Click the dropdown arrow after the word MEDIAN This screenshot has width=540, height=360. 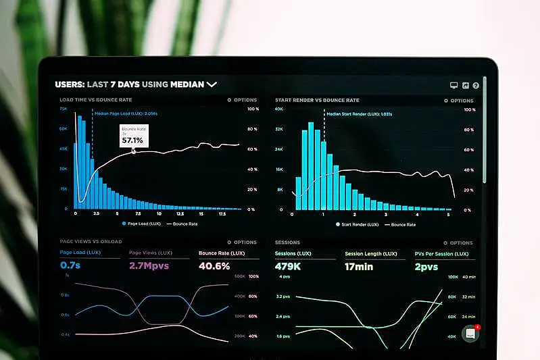[x=212, y=84]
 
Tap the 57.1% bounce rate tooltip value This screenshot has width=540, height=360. [x=132, y=140]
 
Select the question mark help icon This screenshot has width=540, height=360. [x=476, y=86]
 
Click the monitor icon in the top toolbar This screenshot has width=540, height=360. [x=454, y=86]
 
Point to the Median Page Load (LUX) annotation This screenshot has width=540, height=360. [x=126, y=113]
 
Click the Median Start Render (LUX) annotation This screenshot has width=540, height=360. [x=359, y=114]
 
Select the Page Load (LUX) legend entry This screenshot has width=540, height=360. [x=142, y=223]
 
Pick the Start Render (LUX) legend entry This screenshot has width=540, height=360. [x=358, y=224]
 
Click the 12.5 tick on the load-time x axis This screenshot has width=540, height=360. [x=178, y=213]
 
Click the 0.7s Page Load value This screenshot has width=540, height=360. [x=70, y=265]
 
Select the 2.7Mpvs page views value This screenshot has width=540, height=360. [x=149, y=265]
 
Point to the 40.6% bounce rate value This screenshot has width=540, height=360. [x=214, y=265]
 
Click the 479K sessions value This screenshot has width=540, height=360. [x=288, y=265]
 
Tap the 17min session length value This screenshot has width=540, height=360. [x=359, y=265]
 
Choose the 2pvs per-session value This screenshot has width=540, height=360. [x=426, y=265]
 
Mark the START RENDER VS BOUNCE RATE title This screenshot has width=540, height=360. [x=318, y=100]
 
